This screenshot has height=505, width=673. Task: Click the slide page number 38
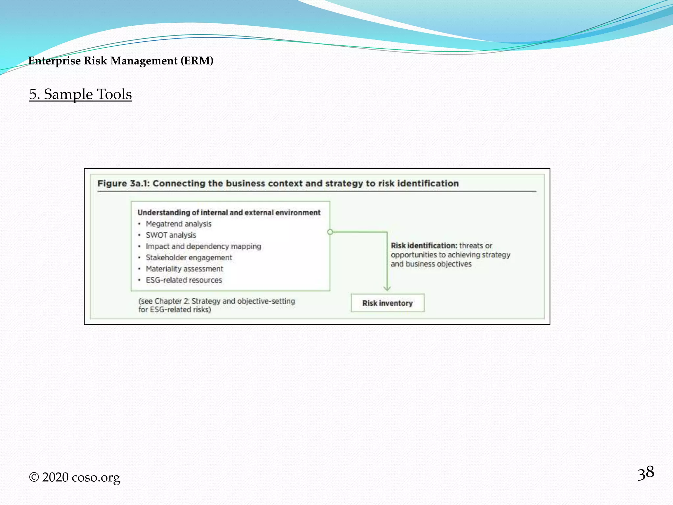(x=646, y=473)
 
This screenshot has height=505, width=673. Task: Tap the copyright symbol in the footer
(x=34, y=477)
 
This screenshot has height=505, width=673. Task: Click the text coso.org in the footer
(x=96, y=477)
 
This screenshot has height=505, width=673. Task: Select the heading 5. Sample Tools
(x=81, y=94)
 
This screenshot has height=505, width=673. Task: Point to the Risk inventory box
(x=387, y=303)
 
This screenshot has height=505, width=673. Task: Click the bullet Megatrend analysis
(x=178, y=224)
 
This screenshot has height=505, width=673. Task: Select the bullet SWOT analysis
(x=171, y=235)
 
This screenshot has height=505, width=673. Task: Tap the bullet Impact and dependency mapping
(x=203, y=246)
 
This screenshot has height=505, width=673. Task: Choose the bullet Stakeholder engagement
(x=189, y=257)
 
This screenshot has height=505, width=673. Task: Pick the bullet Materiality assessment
(x=184, y=269)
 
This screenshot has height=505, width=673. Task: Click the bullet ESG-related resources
(x=184, y=280)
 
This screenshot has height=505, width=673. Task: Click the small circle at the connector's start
(x=330, y=232)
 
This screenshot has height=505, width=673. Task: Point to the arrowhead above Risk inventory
(x=387, y=289)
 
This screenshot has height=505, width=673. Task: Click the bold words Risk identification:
(x=424, y=246)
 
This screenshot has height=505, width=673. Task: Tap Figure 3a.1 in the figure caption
(x=123, y=183)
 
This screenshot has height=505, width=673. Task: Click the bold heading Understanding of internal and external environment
(x=229, y=213)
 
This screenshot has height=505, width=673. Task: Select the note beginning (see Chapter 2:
(x=217, y=305)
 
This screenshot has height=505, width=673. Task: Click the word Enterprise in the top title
(x=55, y=61)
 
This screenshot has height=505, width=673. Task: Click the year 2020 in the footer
(x=55, y=477)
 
